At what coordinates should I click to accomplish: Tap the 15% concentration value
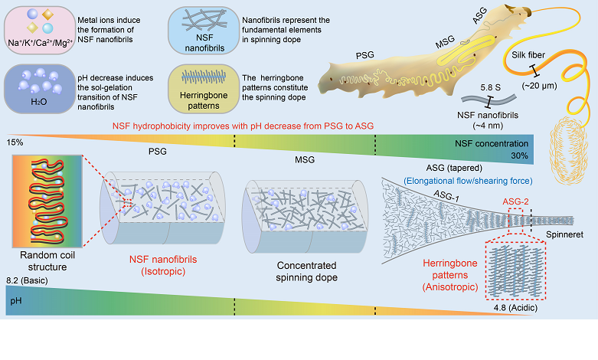click(15, 142)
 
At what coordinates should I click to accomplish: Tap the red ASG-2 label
click(515, 201)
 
